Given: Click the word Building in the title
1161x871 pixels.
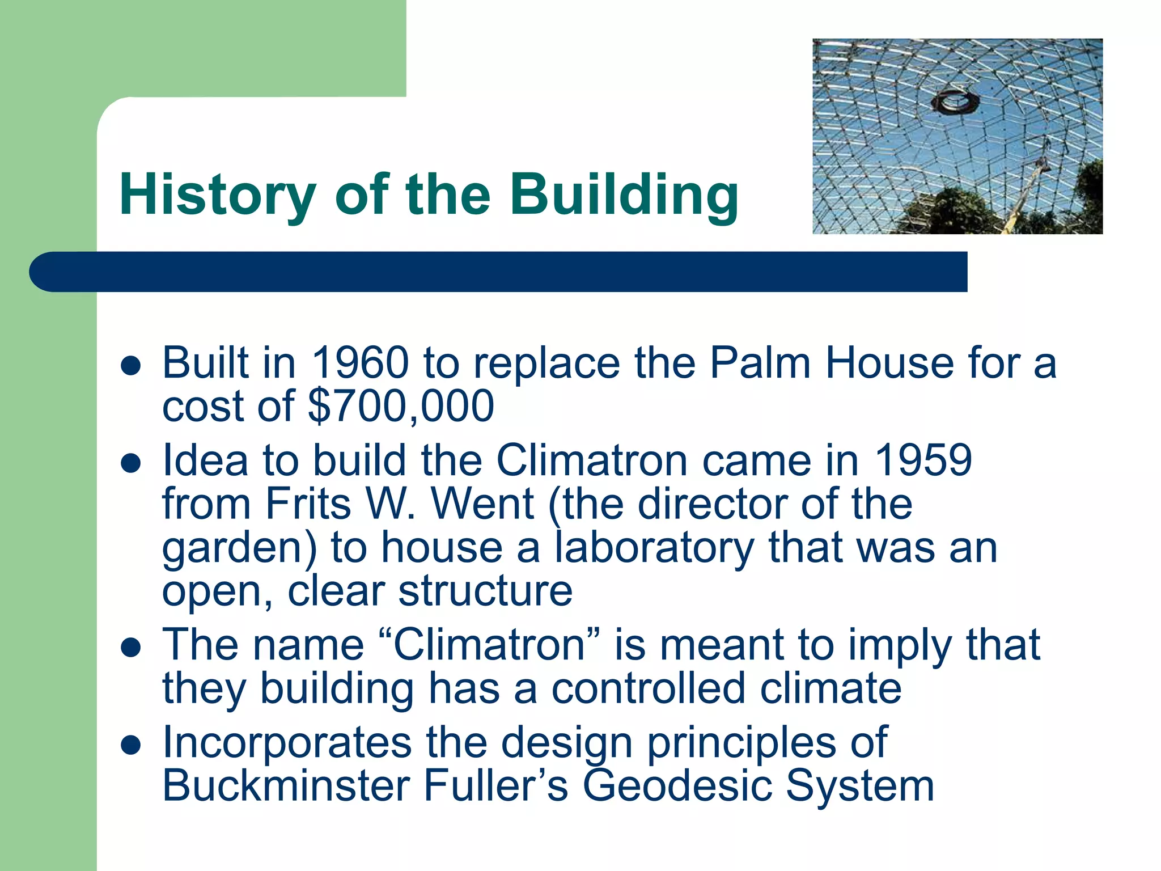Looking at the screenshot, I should pyautogui.click(x=624, y=195).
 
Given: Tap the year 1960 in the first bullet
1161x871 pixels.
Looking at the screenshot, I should pyautogui.click(x=360, y=363).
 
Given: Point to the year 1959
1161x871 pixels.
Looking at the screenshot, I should pyautogui.click(x=923, y=460).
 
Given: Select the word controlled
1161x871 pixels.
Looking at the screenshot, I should pyautogui.click(x=648, y=688).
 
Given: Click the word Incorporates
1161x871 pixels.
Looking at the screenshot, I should pyautogui.click(x=287, y=743).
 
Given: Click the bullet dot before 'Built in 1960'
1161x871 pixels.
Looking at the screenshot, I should pyautogui.click(x=131, y=366).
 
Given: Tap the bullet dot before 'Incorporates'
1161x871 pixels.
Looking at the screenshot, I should pyautogui.click(x=131, y=746).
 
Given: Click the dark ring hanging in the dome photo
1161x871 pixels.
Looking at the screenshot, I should pyautogui.click(x=955, y=102).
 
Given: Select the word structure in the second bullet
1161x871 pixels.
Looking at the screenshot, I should pyautogui.click(x=485, y=591).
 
